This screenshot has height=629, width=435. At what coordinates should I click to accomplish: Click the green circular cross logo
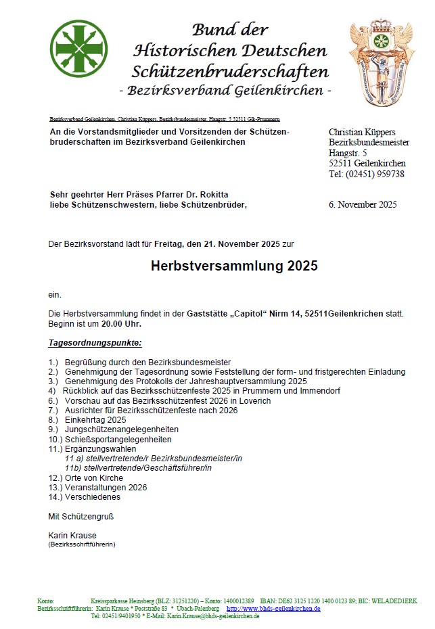78,49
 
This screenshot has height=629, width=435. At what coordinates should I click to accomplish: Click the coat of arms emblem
381,62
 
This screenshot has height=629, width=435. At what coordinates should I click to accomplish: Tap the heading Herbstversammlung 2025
234,266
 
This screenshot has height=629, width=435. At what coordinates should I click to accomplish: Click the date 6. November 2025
363,205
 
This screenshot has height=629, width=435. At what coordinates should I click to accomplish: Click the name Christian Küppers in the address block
362,132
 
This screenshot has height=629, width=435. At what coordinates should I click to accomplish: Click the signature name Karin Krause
72,536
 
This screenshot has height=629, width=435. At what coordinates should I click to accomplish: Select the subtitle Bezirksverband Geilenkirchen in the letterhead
225,91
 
